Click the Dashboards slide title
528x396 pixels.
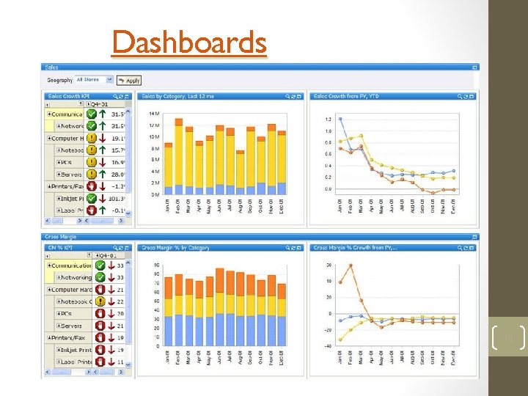[x=189, y=43]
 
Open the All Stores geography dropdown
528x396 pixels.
[x=95, y=80]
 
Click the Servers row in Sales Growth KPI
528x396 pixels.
[x=72, y=175]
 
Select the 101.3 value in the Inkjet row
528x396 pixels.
[x=117, y=198]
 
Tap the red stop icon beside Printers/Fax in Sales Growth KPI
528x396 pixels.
[x=92, y=186]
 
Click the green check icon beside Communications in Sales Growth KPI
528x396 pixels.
[x=92, y=114]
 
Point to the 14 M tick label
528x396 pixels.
[x=154, y=114]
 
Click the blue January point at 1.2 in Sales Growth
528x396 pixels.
[x=340, y=119]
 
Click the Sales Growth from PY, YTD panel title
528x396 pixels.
[x=347, y=96]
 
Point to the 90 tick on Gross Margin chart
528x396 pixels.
[x=156, y=265]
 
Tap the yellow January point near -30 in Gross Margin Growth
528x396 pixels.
[x=340, y=330]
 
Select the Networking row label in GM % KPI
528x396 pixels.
[x=76, y=278]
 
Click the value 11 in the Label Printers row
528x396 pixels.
[x=120, y=362]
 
